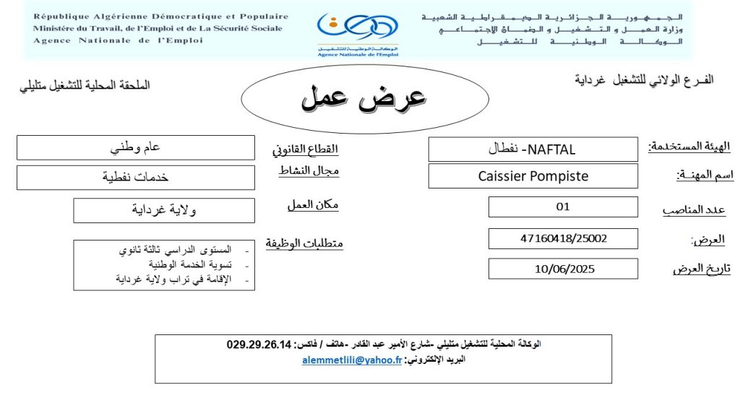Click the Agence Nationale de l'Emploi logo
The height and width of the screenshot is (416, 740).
tap(357, 32)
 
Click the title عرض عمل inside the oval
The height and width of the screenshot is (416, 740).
tap(363, 97)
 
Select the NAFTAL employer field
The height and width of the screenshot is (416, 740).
tap(533, 149)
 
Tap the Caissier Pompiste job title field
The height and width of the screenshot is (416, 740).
tap(533, 175)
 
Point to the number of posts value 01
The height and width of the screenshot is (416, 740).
tap(563, 207)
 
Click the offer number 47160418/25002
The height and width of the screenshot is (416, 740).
tap(563, 238)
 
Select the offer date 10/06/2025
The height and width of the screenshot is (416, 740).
tap(563, 269)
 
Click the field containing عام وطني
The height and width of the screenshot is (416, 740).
tap(136, 147)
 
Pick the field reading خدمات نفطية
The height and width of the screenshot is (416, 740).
tap(136, 177)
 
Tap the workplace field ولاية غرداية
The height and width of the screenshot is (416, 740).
tap(164, 210)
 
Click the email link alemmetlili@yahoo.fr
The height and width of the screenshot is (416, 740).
tap(352, 360)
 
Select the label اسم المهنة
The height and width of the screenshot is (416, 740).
tap(704, 175)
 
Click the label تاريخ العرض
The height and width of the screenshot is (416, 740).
tap(702, 269)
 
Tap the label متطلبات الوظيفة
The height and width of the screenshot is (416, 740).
tap(304, 243)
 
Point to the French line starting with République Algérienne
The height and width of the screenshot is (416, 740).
tap(160, 16)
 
